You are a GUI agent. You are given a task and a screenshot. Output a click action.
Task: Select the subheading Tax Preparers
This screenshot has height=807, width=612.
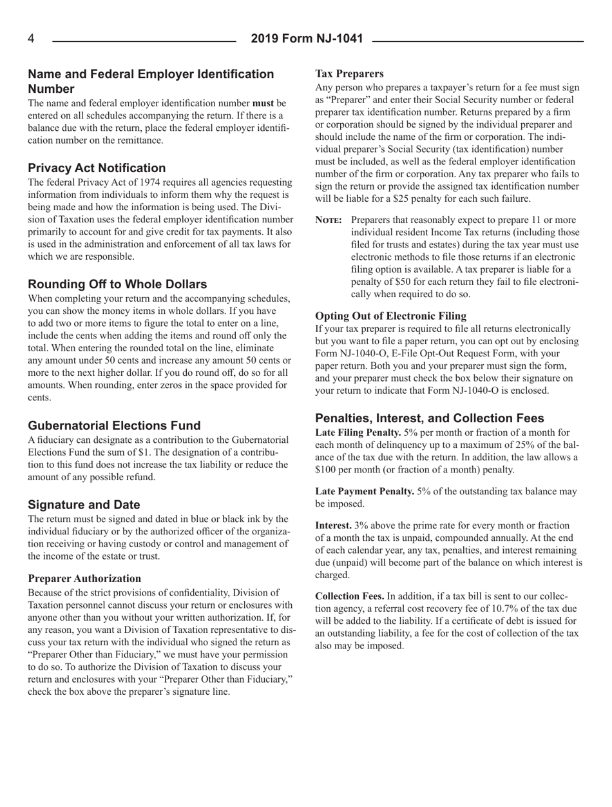349,73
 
